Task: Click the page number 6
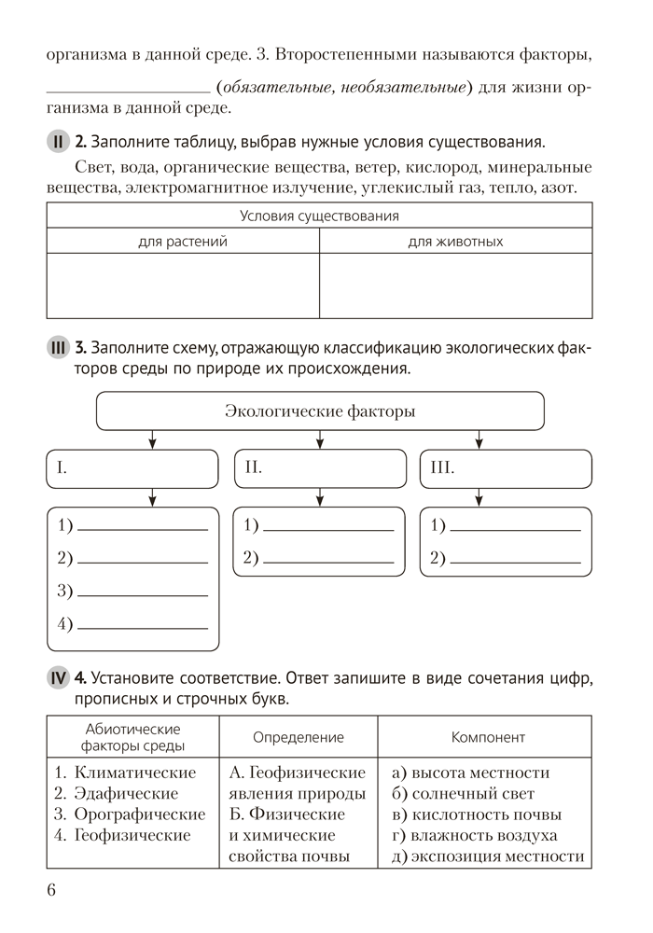coord(52,889)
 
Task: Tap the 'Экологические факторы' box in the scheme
coord(320,411)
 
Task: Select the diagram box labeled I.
coord(132,468)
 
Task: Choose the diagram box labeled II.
coord(319,468)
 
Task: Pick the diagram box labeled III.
coord(506,468)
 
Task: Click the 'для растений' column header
coord(183,242)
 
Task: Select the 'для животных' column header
coord(455,242)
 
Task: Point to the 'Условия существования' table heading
coord(319,216)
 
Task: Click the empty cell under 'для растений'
coord(183,285)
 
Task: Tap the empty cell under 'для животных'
coord(455,285)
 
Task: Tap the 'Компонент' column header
coord(488,737)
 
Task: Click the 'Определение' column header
coord(299,737)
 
